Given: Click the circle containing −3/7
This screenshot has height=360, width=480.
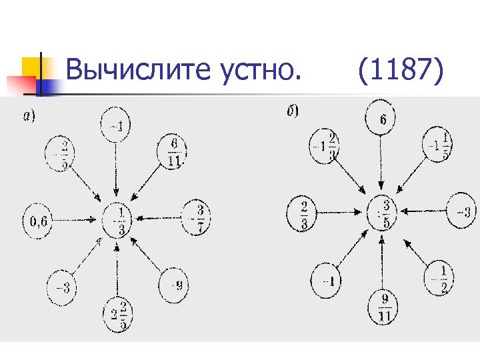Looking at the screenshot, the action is pyautogui.click(x=197, y=215).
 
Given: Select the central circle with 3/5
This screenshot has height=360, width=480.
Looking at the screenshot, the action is pyautogui.click(x=382, y=214).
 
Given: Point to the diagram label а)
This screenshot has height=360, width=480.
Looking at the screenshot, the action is pyautogui.click(x=29, y=117).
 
